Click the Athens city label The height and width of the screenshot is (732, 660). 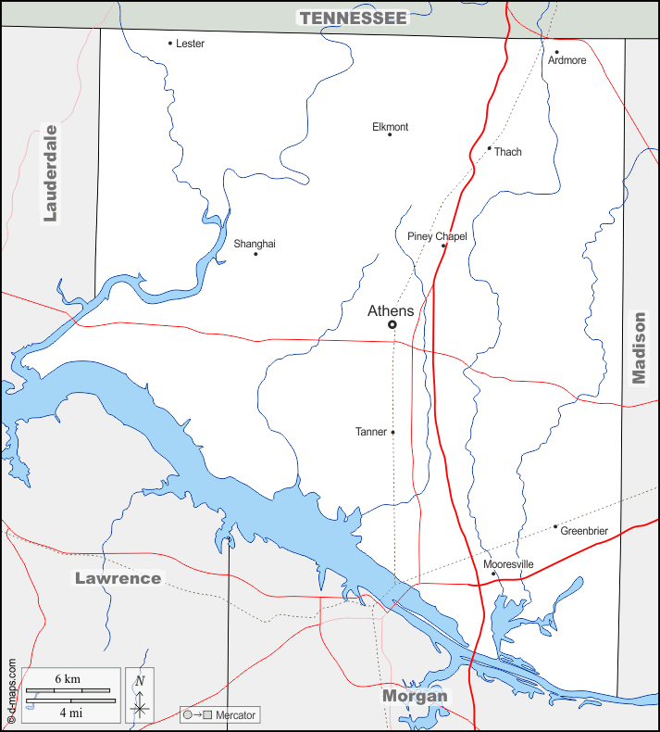(x=391, y=310)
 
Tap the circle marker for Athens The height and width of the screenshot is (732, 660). (x=392, y=324)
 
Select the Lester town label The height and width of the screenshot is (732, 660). (x=190, y=44)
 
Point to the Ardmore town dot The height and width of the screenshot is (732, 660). (x=556, y=52)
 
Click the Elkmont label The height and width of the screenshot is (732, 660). (x=390, y=127)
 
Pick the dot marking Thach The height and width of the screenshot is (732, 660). (x=489, y=148)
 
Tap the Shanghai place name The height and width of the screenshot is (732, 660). (x=255, y=244)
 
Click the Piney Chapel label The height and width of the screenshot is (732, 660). (x=437, y=236)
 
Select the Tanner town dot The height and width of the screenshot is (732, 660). (x=392, y=432)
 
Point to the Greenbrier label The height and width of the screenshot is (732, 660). (x=584, y=531)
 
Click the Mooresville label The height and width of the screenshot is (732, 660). (x=508, y=563)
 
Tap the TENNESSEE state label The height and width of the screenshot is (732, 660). (x=353, y=18)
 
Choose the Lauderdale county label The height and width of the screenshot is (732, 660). (x=51, y=173)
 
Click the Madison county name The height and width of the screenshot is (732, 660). (x=640, y=347)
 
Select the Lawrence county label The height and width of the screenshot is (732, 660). (x=118, y=578)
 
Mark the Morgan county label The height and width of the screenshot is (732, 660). (x=415, y=696)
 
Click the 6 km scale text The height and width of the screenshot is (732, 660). (x=68, y=679)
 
